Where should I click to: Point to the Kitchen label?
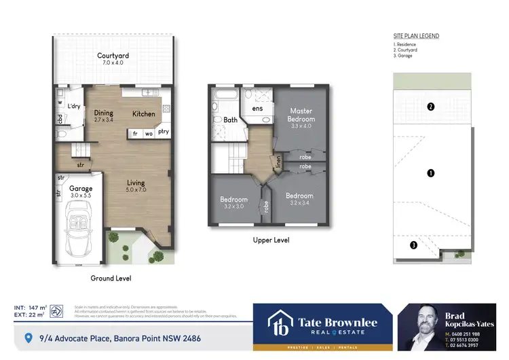(143, 113)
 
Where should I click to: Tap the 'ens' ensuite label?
(257, 109)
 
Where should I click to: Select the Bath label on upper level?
(230, 120)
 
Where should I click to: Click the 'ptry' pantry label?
(164, 133)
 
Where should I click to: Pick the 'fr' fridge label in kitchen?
(135, 134)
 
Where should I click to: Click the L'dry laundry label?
(74, 106)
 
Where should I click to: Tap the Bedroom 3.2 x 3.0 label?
(233, 202)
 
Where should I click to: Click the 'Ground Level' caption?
(111, 278)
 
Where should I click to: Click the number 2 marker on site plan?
(430, 107)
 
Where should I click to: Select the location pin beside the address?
(29, 338)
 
